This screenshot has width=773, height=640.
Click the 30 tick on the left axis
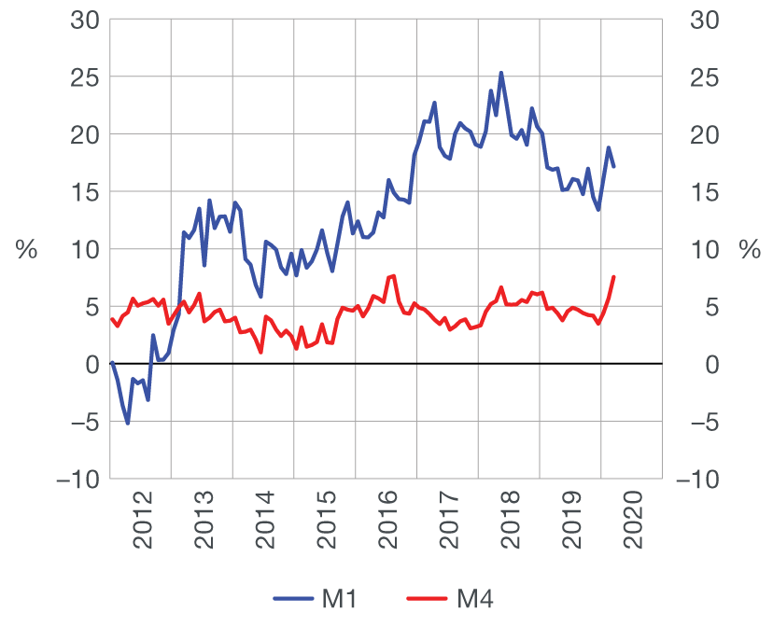[x=84, y=20]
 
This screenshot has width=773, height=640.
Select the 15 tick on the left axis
[x=84, y=192]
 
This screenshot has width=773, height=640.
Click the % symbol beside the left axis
[x=25, y=250]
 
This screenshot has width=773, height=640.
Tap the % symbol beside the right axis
[x=750, y=250]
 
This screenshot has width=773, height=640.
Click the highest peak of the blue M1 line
[x=501, y=72]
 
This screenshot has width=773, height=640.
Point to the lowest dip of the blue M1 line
[x=128, y=424]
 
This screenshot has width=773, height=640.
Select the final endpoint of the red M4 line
[x=613, y=276]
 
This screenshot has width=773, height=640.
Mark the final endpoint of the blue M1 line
[x=613, y=166]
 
